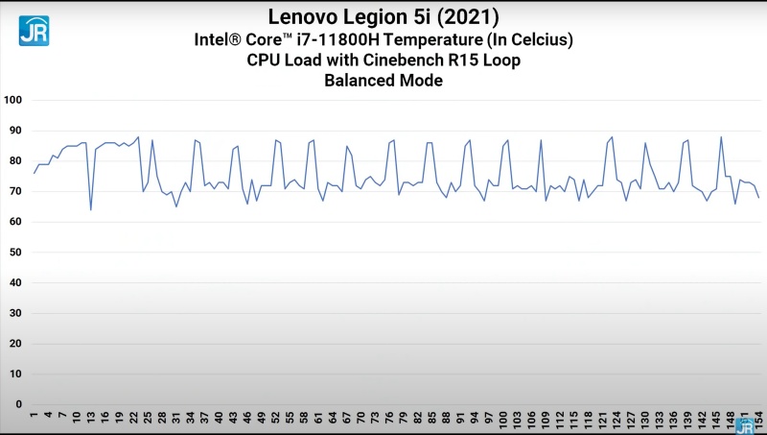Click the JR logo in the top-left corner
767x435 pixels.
[35, 29]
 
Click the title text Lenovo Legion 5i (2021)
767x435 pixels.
[383, 17]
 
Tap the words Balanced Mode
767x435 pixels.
[383, 81]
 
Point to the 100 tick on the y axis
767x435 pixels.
[12, 100]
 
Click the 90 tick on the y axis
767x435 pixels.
[15, 131]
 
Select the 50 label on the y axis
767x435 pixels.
[15, 253]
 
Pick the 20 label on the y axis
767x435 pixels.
[15, 344]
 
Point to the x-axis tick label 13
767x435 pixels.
[91, 420]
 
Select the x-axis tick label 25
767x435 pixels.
[148, 420]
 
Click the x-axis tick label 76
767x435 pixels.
[389, 420]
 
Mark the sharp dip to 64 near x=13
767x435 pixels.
[91, 209]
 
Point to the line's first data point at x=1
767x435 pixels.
[35, 173]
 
